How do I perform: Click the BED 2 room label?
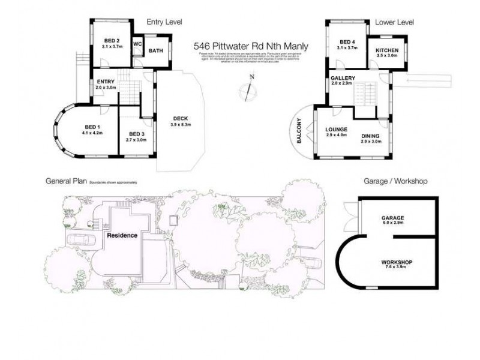pyautogui.click(x=112, y=41)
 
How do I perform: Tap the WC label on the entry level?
pyautogui.click(x=137, y=44)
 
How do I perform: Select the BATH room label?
pyautogui.click(x=155, y=51)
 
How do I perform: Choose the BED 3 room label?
pyautogui.click(x=137, y=134)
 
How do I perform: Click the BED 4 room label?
pyautogui.click(x=347, y=41)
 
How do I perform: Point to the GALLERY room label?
pyautogui.click(x=343, y=79)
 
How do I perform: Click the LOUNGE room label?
pyautogui.click(x=337, y=129)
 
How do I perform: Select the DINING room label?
pyautogui.click(x=371, y=136)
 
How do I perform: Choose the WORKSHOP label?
pyautogui.click(x=397, y=263)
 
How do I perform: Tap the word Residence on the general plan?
pyautogui.click(x=122, y=235)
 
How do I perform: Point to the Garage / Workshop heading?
pyautogui.click(x=395, y=181)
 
